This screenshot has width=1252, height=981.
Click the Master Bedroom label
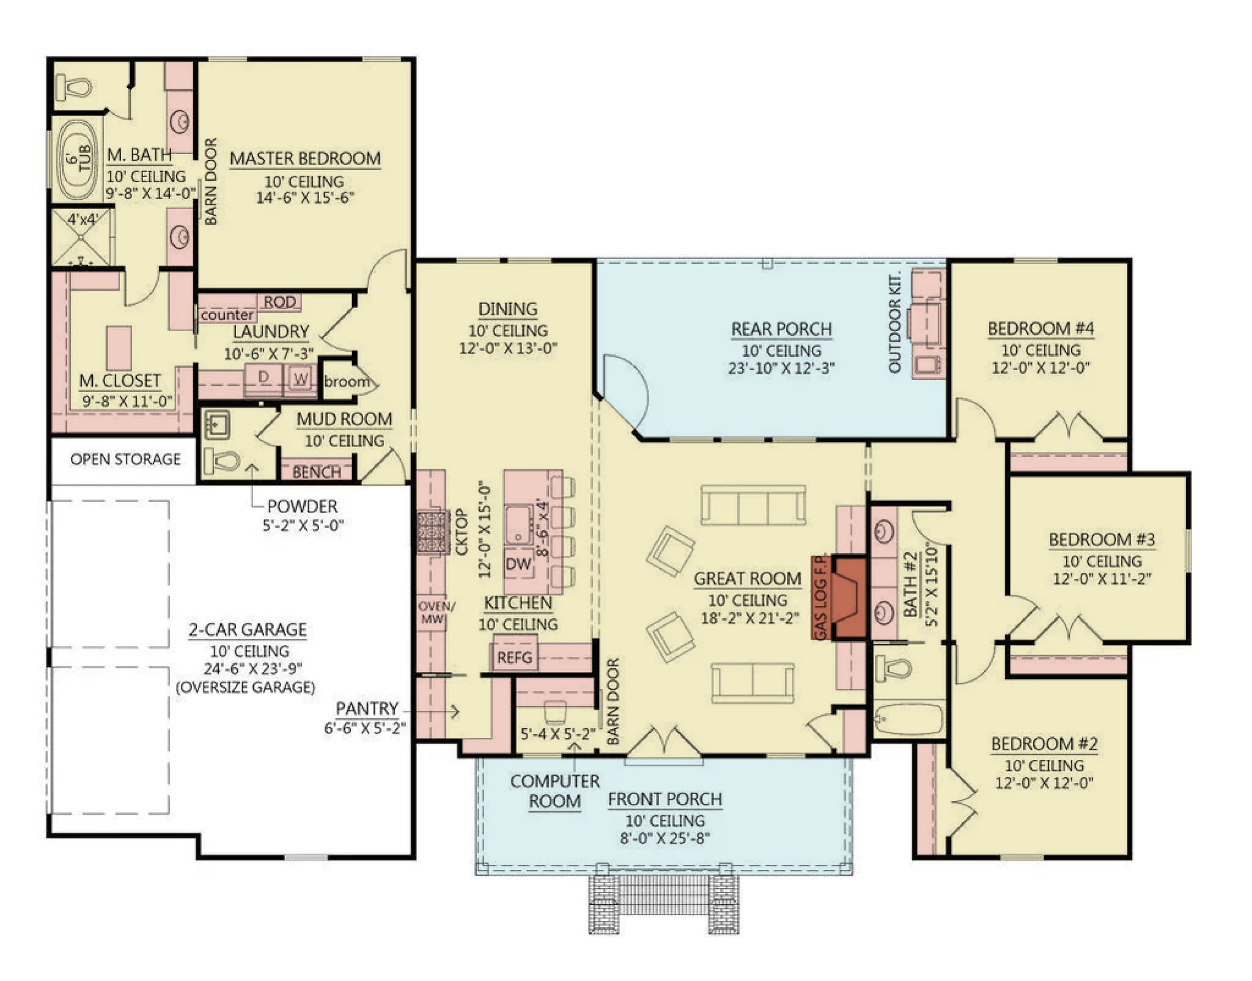(x=305, y=159)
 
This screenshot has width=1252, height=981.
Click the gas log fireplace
(x=849, y=598)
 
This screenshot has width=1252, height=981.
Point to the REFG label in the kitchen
(x=515, y=658)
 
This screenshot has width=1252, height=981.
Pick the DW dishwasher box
(x=518, y=564)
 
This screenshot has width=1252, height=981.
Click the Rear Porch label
(x=781, y=329)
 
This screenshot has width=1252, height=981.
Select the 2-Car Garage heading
(x=247, y=630)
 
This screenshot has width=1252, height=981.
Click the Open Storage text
(x=125, y=459)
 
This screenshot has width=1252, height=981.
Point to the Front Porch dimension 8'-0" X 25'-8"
(x=665, y=838)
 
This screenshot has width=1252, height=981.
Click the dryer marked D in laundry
(x=263, y=378)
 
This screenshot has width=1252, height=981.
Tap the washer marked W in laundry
(x=300, y=379)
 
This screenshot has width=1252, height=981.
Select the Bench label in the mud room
(x=317, y=472)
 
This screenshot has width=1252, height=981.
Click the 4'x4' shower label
(x=82, y=219)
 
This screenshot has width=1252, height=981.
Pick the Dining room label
(x=507, y=309)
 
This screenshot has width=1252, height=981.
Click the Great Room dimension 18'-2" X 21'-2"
(x=749, y=618)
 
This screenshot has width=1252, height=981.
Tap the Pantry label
(x=367, y=709)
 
